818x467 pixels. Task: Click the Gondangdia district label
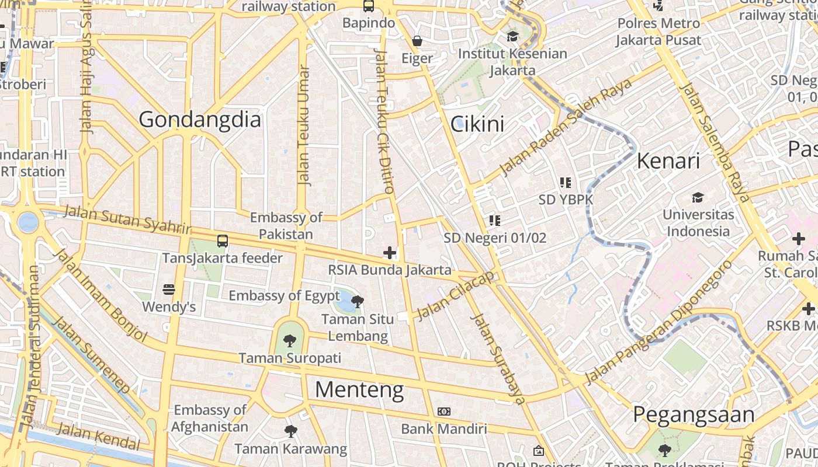(200, 120)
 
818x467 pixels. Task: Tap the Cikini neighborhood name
(477, 124)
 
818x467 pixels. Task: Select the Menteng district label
(359, 389)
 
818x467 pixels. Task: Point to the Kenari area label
(668, 161)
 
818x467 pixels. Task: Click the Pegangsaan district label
(694, 414)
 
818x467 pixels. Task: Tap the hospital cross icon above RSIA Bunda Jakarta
(389, 253)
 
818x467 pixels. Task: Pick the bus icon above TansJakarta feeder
(222, 241)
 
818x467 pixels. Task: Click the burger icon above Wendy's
(169, 290)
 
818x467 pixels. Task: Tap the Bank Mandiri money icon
(444, 412)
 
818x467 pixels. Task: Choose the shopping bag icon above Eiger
(417, 41)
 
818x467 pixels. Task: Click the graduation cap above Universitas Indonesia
(698, 197)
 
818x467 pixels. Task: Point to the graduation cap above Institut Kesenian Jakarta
(512, 36)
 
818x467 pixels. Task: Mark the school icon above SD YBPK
(565, 183)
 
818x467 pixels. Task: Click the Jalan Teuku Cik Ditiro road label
(383, 121)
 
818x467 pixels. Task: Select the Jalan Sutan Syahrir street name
(127, 218)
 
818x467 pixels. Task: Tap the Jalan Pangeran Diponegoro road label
(659, 323)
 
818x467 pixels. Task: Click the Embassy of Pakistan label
(286, 226)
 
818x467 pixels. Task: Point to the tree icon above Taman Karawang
(290, 431)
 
